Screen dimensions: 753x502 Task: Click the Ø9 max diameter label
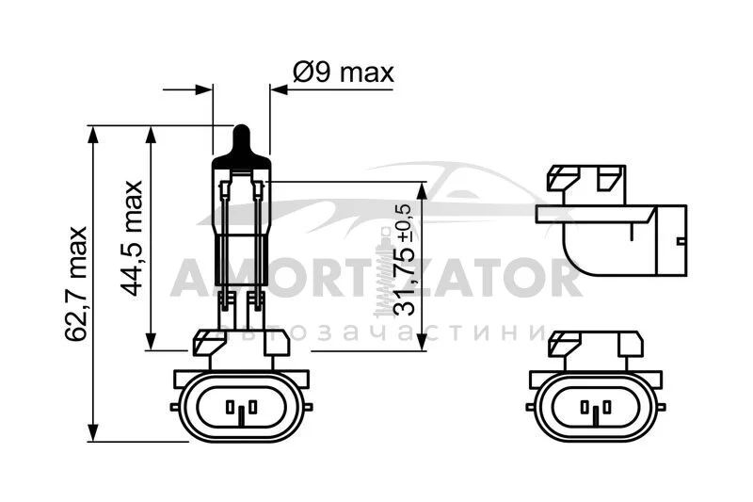point(343,73)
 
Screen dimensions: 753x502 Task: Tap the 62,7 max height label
point(76,283)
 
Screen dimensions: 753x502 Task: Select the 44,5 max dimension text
point(132,238)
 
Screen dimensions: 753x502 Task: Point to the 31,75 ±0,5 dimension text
point(402,259)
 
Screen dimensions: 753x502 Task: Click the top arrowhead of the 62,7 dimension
point(93,134)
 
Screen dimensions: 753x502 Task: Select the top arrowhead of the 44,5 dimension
point(152,135)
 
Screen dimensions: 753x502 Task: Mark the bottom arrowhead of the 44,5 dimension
point(152,342)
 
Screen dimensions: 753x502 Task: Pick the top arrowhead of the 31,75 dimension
point(421,190)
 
